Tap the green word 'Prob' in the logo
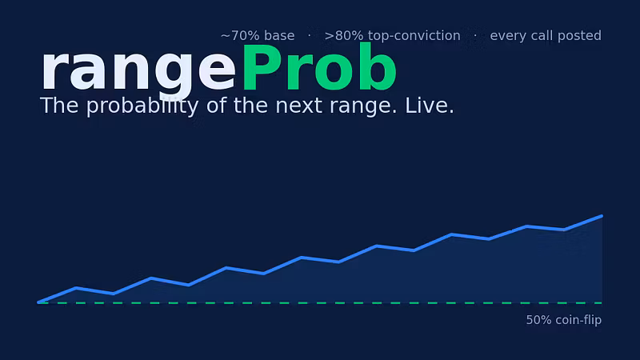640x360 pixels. click(x=319, y=67)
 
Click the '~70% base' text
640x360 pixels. click(x=258, y=36)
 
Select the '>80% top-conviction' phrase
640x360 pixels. click(x=392, y=36)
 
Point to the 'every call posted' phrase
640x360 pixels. click(x=546, y=36)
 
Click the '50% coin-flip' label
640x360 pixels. click(x=564, y=320)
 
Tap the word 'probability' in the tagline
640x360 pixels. click(x=143, y=106)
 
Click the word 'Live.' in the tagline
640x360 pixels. click(x=430, y=106)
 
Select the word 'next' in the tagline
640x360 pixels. click(x=299, y=106)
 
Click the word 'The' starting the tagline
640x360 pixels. click(x=59, y=106)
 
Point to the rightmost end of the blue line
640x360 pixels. click(x=602, y=216)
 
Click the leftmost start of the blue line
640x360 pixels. click(x=38, y=302)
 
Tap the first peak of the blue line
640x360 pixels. click(x=76, y=288)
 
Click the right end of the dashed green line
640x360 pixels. click(x=602, y=303)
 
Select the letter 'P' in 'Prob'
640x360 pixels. click(x=262, y=67)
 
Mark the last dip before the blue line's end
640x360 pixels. click(x=564, y=230)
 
